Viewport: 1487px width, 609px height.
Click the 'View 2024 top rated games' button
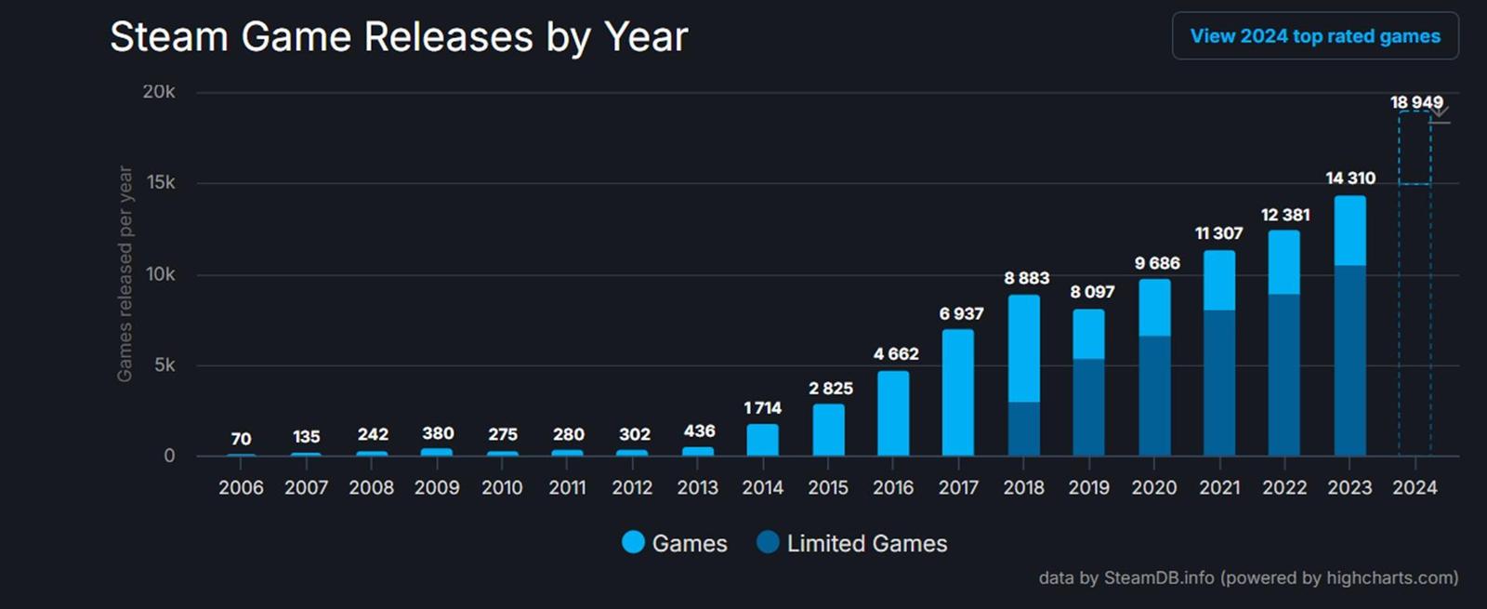tap(1314, 36)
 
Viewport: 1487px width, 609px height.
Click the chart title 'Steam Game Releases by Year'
tap(399, 37)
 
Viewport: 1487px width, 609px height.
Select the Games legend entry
tap(675, 543)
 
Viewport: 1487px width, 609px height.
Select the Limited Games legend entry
tap(852, 543)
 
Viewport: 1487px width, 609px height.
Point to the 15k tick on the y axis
tap(161, 182)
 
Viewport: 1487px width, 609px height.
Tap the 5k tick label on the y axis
tap(164, 364)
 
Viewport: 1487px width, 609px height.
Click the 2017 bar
tap(958, 392)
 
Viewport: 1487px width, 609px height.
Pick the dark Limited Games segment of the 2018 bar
tap(1023, 429)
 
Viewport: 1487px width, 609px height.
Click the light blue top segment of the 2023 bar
tap(1349, 231)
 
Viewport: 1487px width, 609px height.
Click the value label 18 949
tap(1415, 102)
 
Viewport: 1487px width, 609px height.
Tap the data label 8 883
tap(1026, 278)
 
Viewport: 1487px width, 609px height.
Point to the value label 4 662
tap(895, 354)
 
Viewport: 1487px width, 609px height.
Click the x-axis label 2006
tap(241, 487)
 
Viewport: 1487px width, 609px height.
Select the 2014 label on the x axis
tap(762, 487)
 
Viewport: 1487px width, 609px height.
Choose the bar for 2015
tap(828, 430)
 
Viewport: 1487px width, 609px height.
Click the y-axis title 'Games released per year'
tap(125, 274)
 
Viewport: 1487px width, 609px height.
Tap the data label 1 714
tap(762, 408)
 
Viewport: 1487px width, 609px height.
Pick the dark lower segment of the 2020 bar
tap(1154, 395)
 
